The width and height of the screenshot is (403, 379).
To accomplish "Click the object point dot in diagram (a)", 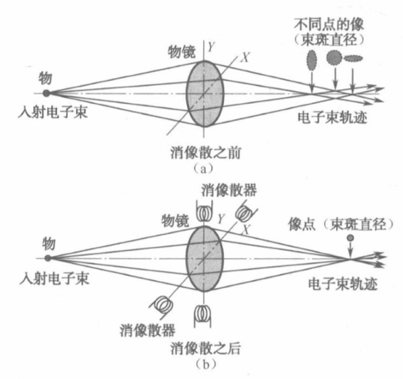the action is tap(46, 93).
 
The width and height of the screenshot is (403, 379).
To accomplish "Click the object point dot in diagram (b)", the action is tap(48, 258).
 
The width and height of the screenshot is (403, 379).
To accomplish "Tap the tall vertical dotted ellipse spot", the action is tap(311, 60).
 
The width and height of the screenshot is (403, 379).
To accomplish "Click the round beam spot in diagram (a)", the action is tap(334, 58).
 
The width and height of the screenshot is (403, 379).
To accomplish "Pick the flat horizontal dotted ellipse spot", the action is tap(353, 58).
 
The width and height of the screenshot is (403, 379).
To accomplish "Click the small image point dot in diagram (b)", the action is tap(350, 237).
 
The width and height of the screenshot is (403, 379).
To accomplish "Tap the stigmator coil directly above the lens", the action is tap(204, 212).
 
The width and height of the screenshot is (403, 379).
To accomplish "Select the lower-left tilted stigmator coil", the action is tap(162, 305).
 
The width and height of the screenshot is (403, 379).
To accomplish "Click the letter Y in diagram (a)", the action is tap(211, 47).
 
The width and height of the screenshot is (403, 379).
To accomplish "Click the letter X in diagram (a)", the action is tap(245, 58).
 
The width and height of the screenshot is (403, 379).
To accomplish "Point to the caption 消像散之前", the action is tap(205, 153).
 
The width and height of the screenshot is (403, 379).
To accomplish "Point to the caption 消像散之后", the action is tap(205, 348).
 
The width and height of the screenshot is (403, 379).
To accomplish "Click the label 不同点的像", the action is tap(329, 25).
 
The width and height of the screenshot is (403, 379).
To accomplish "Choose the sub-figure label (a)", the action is tap(203, 169).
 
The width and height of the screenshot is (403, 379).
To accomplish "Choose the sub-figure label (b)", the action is tap(205, 365).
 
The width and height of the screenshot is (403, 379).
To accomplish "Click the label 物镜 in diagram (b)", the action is tap(176, 220).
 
